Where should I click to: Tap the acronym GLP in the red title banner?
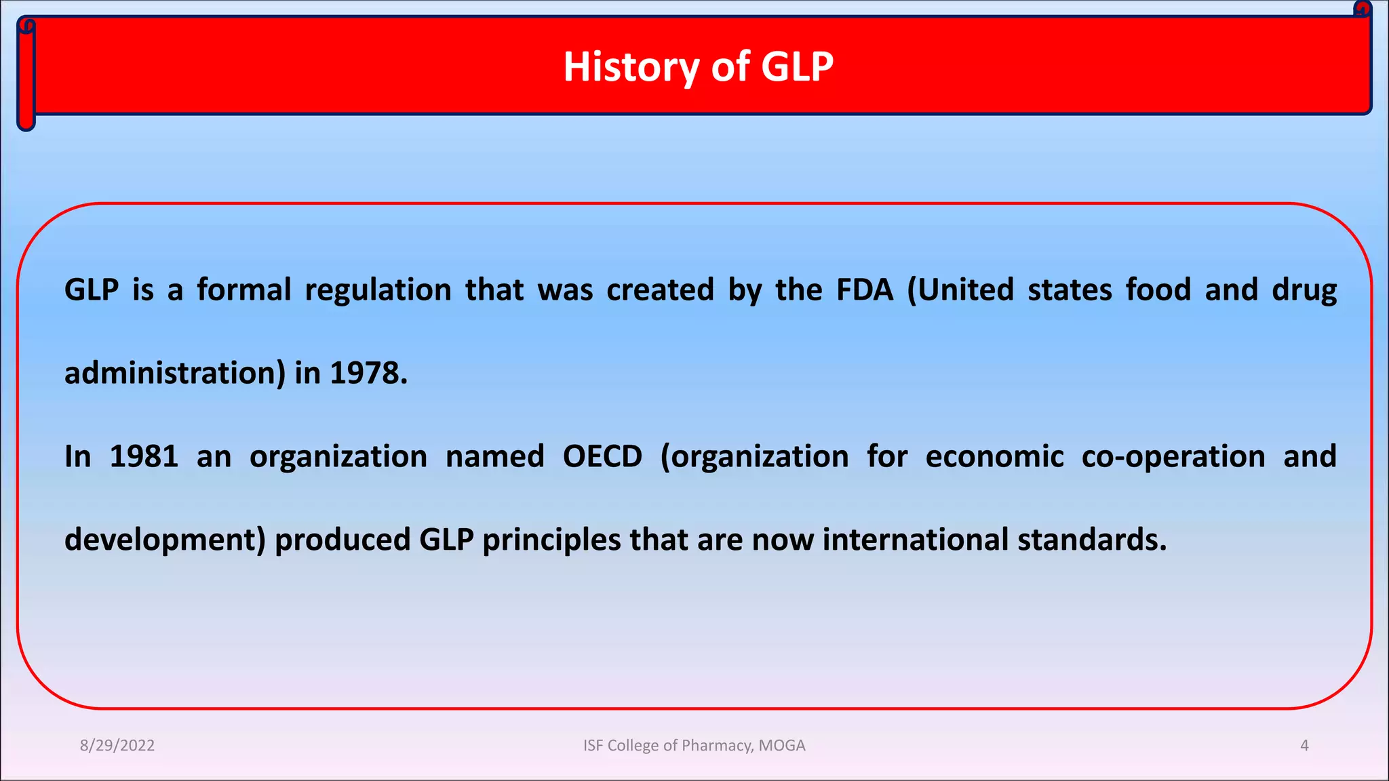pos(797,66)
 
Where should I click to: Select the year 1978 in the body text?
pos(368,373)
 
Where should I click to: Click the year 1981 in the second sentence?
pos(144,456)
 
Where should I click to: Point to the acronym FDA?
pos(865,289)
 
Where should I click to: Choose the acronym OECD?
pos(602,456)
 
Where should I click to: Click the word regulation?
pos(378,290)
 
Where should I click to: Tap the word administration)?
pos(175,373)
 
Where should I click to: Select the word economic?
pos(994,456)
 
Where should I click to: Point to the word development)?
pos(165,540)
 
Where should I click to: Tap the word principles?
pos(551,540)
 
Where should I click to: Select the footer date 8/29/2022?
pos(117,745)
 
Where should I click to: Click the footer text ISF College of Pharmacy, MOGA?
pos(694,745)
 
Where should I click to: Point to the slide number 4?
pos(1304,745)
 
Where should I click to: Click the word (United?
pos(960,289)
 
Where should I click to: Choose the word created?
pos(660,289)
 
